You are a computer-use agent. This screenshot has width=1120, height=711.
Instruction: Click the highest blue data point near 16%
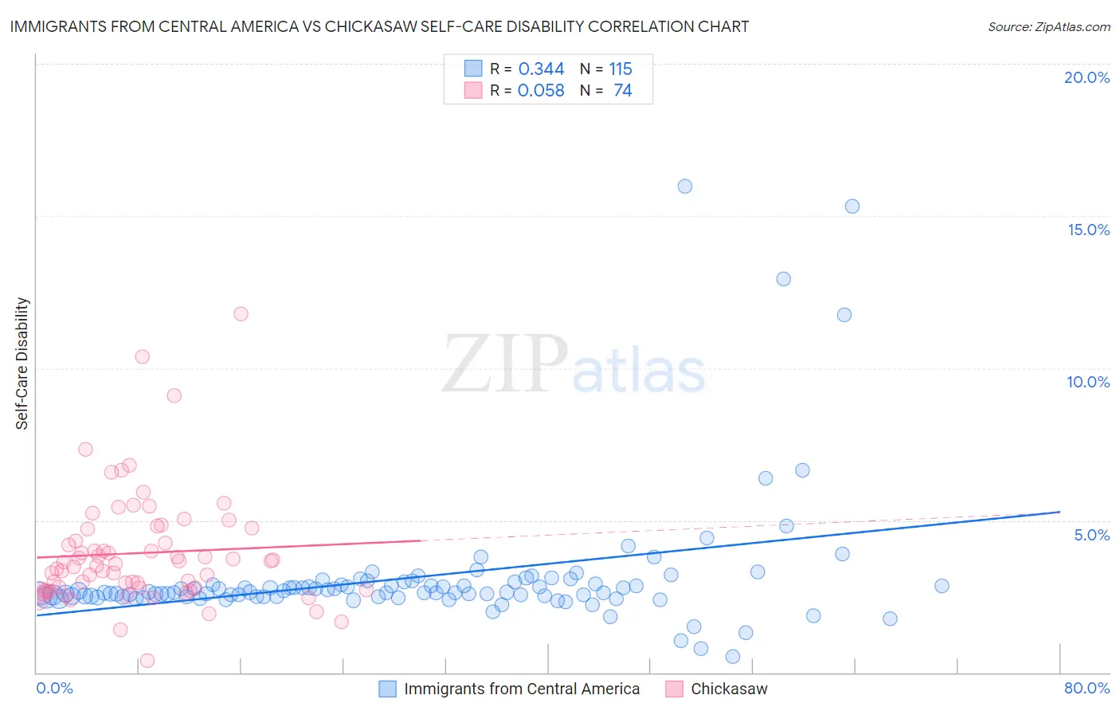(x=684, y=187)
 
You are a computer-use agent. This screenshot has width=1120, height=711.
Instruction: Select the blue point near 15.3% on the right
(x=852, y=206)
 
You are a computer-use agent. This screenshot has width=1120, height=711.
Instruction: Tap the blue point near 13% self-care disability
(x=783, y=279)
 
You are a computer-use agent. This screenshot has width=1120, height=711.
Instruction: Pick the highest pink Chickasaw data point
(x=241, y=314)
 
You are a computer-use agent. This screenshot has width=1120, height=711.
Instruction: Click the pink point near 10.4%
(x=142, y=356)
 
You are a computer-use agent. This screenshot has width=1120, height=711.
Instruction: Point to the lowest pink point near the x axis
(x=147, y=661)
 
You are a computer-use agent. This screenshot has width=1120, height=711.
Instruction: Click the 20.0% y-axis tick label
(x=1087, y=77)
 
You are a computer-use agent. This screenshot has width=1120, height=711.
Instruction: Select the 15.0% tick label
(x=1088, y=230)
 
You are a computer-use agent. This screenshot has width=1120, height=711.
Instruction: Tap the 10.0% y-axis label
(x=1088, y=382)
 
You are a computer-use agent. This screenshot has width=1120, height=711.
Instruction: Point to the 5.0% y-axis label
(x=1091, y=535)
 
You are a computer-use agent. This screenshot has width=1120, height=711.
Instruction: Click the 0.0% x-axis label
(x=54, y=688)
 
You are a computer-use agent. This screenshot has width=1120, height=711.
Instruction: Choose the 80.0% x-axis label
(x=1087, y=688)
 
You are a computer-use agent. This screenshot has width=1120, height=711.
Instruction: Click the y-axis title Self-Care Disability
(x=22, y=363)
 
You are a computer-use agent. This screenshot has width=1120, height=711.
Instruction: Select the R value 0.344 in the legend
(x=541, y=69)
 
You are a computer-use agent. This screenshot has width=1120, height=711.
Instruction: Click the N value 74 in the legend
(x=623, y=91)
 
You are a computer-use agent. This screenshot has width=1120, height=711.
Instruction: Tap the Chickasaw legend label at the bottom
(x=729, y=689)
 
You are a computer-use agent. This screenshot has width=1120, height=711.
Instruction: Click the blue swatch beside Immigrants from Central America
(x=387, y=689)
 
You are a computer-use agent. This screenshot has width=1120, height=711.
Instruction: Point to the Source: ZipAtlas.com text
(x=1048, y=27)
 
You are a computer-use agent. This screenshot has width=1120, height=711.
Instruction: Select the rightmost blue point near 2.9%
(x=942, y=586)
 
